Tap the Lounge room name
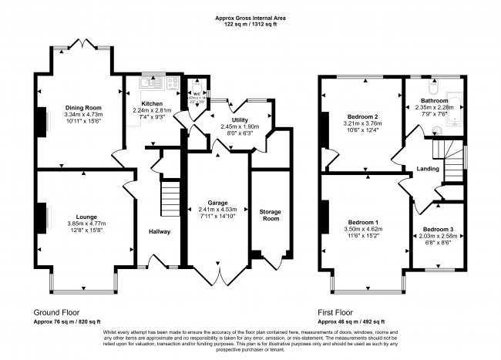[x=80, y=218]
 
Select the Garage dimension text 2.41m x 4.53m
[x=217, y=209]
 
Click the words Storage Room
[x=268, y=214]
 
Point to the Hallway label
[x=160, y=231]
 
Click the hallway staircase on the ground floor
[x=170, y=199]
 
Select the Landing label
[x=429, y=169]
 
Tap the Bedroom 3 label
[x=439, y=229]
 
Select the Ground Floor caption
[x=57, y=312]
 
